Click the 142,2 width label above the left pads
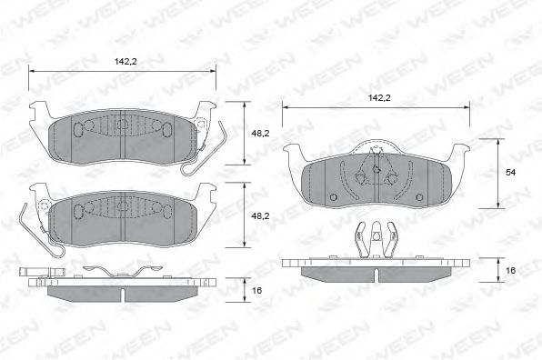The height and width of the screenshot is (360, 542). pyautogui.click(x=125, y=62)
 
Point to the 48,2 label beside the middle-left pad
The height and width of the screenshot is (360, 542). pyautogui.click(x=260, y=215)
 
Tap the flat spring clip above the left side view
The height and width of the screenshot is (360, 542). pyautogui.click(x=114, y=271)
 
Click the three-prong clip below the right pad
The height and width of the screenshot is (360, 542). pyautogui.click(x=374, y=238)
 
